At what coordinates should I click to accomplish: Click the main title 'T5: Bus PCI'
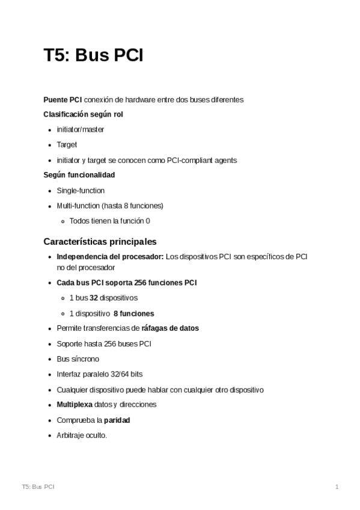pyautogui.click(x=93, y=56)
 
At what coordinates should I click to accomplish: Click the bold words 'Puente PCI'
pyautogui.click(x=63, y=99)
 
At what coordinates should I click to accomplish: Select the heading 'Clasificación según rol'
pyautogui.click(x=83, y=114)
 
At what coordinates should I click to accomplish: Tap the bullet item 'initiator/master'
pyautogui.click(x=80, y=129)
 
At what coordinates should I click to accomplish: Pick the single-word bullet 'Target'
pyautogui.click(x=67, y=145)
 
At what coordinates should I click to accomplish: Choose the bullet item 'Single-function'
pyautogui.click(x=81, y=191)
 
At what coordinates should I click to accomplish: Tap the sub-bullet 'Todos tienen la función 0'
pyautogui.click(x=109, y=221)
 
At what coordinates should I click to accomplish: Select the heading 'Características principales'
pyautogui.click(x=100, y=241)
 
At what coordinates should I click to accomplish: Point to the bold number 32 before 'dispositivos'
pyautogui.click(x=93, y=298)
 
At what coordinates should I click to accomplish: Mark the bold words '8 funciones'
pyautogui.click(x=133, y=313)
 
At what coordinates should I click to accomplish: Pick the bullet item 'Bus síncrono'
pyautogui.click(x=78, y=359)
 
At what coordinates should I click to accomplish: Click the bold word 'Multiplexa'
pyautogui.click(x=75, y=405)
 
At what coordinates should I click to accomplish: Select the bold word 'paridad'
pyautogui.click(x=117, y=420)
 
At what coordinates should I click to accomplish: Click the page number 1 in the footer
pyautogui.click(x=337, y=486)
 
